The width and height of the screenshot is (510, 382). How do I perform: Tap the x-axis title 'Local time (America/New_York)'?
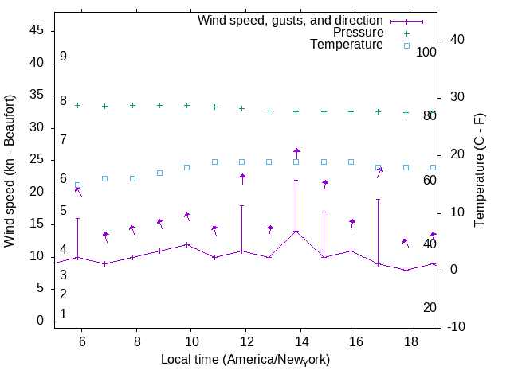245,360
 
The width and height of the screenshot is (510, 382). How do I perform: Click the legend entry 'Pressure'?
358,33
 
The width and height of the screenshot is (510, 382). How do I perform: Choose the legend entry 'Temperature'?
347,45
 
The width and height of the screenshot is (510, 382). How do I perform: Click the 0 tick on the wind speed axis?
40,321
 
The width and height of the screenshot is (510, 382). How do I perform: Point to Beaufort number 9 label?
63,57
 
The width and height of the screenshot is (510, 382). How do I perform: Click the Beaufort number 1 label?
63,314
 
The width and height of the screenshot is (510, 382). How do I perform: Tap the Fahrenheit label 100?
427,52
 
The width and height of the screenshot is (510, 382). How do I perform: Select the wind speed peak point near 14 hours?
296,231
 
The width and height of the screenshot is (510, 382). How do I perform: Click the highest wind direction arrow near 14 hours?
296,151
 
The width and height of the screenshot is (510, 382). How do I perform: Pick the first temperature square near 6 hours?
77,185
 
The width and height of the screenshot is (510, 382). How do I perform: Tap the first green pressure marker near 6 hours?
77,105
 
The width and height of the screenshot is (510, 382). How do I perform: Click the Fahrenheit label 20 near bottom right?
430,308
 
